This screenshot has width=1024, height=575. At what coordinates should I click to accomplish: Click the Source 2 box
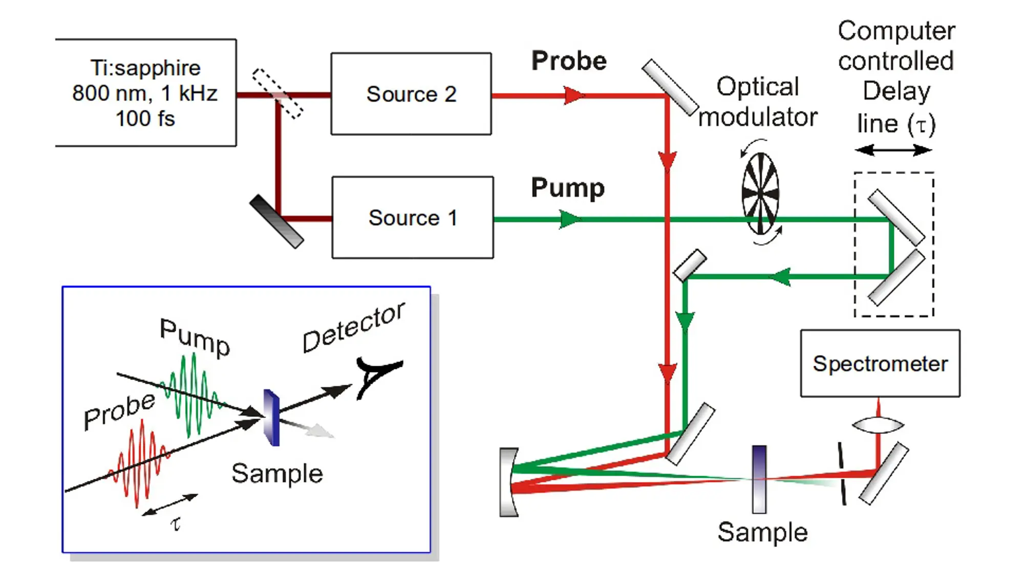click(x=411, y=94)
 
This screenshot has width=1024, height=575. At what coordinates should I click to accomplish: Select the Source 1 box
click(x=413, y=218)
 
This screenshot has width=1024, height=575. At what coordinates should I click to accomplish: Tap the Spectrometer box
click(x=880, y=364)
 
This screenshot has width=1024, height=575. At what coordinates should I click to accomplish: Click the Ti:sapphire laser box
click(x=145, y=93)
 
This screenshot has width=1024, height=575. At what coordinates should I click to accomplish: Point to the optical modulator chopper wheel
click(x=761, y=193)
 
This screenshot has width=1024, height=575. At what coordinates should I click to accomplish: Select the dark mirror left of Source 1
click(x=276, y=222)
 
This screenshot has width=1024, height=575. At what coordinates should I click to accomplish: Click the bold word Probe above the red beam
click(x=569, y=61)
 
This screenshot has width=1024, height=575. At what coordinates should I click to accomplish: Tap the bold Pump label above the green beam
click(x=568, y=188)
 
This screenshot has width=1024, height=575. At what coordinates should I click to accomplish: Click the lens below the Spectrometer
click(x=878, y=425)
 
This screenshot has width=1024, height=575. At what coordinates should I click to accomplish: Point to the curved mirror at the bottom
click(x=509, y=482)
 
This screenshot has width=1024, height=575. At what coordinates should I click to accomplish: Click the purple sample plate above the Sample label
click(x=759, y=479)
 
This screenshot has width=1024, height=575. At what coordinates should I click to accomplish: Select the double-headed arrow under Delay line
click(x=893, y=150)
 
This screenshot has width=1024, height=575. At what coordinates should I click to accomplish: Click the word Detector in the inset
click(x=354, y=327)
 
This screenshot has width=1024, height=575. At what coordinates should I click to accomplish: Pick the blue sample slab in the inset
click(x=271, y=417)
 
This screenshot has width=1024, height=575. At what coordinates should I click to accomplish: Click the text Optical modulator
click(x=758, y=102)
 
